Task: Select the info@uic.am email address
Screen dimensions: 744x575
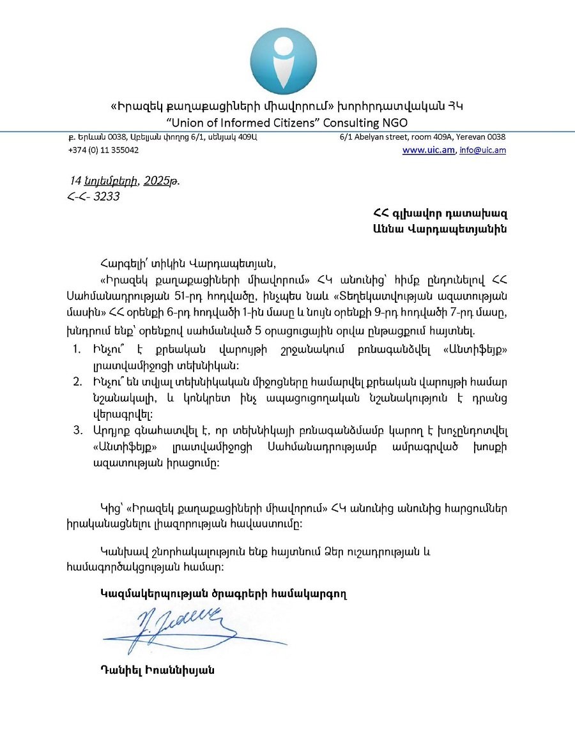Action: click(x=482, y=150)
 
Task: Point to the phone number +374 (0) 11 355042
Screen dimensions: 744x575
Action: click(x=103, y=150)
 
